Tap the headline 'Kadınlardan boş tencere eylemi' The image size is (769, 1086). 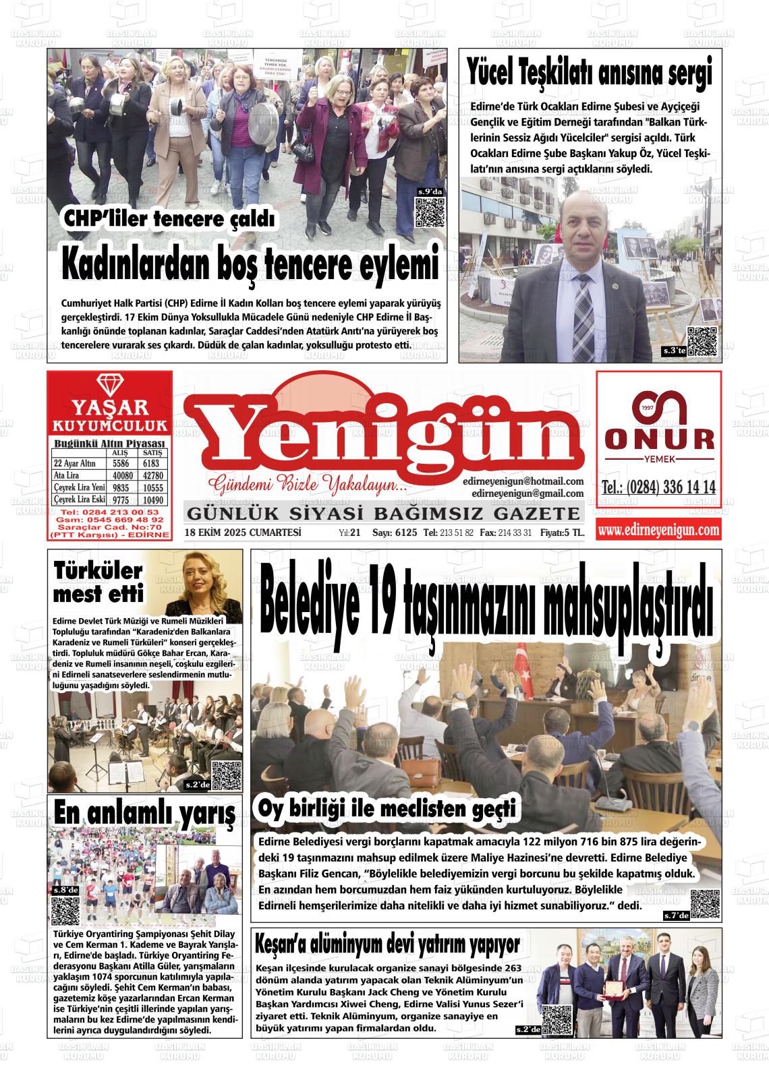(250, 264)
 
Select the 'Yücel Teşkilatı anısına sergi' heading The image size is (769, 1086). (590, 72)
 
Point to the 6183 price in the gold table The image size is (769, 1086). (151, 464)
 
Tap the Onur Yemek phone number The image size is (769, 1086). (658, 487)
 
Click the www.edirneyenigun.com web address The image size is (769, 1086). (658, 531)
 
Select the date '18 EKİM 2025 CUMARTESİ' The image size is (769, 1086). (243, 533)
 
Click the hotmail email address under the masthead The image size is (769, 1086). (523, 481)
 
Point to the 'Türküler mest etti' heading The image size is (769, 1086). (98, 582)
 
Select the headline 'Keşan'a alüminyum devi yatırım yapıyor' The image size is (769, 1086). (388, 944)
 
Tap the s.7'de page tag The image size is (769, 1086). (675, 915)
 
